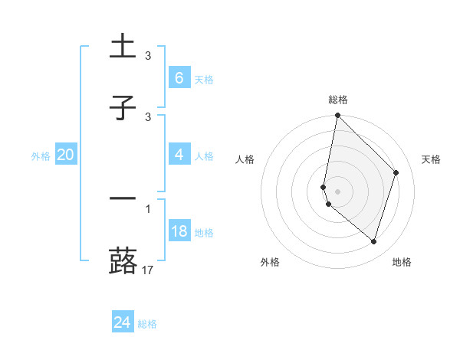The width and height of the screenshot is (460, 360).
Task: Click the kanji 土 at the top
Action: coord(123,47)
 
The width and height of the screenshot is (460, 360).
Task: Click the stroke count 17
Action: coord(148,270)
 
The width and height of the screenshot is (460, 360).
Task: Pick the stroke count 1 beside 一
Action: coord(148,208)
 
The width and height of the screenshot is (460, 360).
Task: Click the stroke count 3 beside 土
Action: coord(148,56)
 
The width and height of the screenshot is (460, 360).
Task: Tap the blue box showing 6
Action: coord(179,78)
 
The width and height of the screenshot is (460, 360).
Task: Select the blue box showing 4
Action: coord(179,155)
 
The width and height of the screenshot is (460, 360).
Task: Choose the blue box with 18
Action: coord(179,231)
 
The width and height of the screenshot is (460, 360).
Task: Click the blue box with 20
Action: coord(66,155)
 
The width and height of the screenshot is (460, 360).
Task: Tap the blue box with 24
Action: coord(122,322)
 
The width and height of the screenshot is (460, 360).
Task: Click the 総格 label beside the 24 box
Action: coord(147,324)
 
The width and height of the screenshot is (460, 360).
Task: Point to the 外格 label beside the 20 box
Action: coord(41,155)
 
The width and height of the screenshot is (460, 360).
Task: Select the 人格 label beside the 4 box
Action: coord(204,155)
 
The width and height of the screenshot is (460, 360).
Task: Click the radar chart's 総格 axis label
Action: coord(337,100)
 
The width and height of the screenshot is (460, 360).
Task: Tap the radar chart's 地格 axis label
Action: coord(402,262)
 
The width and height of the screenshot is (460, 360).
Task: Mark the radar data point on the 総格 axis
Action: coord(337,115)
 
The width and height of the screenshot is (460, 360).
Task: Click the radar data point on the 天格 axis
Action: coord(396,172)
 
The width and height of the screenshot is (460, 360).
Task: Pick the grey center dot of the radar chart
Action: coord(337,191)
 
